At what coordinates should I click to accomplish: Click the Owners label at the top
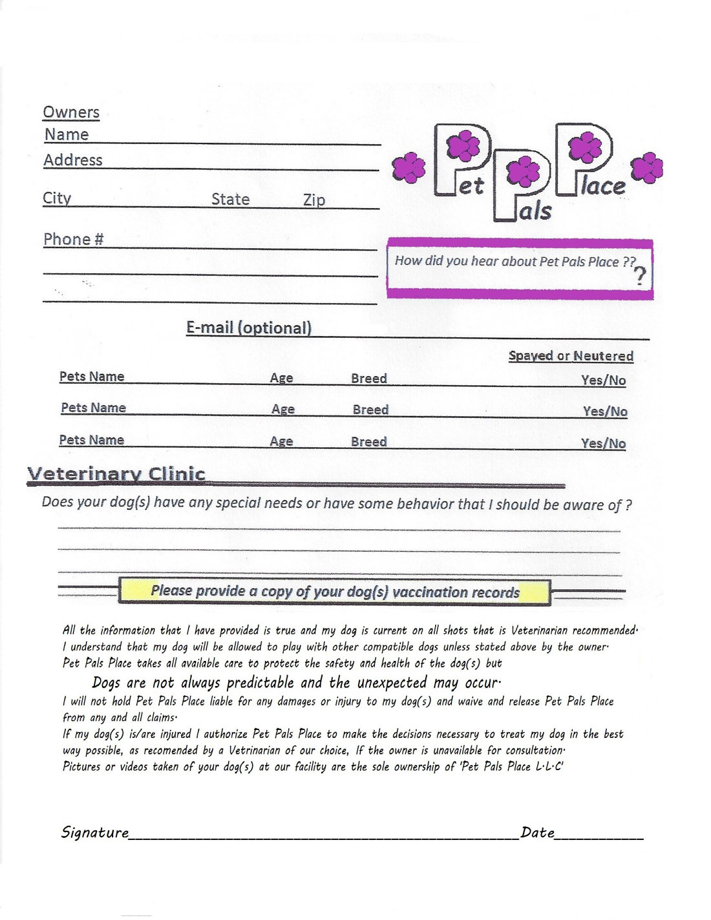(71, 112)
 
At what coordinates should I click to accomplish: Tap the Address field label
(73, 160)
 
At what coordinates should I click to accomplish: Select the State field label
(230, 200)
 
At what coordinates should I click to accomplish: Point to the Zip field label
(314, 200)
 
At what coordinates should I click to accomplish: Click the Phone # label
(73, 240)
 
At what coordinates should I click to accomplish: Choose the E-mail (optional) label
(249, 328)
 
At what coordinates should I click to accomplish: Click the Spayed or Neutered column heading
(571, 356)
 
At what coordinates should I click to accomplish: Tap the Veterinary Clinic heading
(116, 474)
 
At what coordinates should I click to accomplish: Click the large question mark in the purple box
(639, 276)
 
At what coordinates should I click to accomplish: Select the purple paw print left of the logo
(409, 168)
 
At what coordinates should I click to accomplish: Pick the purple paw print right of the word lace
(646, 168)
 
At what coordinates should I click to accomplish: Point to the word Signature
(95, 832)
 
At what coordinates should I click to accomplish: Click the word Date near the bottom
(537, 832)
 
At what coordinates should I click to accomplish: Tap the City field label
(57, 198)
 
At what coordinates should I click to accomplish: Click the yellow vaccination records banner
(334, 591)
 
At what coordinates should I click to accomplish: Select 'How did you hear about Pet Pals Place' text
(515, 261)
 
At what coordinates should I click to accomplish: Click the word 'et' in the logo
(471, 186)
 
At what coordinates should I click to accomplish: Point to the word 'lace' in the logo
(602, 186)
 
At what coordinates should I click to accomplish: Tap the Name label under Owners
(67, 135)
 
